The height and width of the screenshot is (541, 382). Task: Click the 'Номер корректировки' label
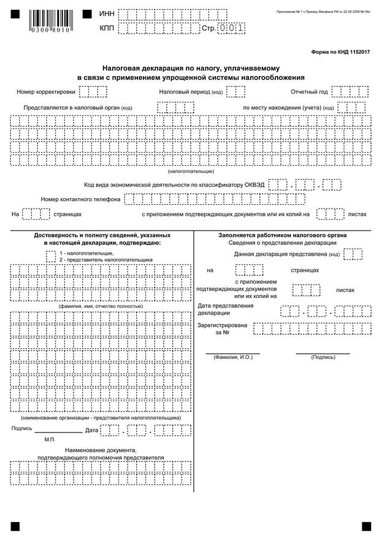click(46, 92)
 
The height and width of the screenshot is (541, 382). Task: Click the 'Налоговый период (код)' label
click(191, 92)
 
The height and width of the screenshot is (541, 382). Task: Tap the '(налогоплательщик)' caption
click(191, 171)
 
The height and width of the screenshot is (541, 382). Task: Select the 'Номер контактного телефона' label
click(80, 199)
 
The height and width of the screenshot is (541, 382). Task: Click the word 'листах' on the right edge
click(357, 215)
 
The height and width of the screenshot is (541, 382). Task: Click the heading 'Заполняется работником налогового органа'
click(282, 235)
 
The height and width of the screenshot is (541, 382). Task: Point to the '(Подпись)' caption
click(323, 357)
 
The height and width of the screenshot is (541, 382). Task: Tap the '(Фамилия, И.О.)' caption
click(233, 357)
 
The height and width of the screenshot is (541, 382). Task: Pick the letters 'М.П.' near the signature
click(50, 440)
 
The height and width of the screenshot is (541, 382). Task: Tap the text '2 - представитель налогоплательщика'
click(106, 259)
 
